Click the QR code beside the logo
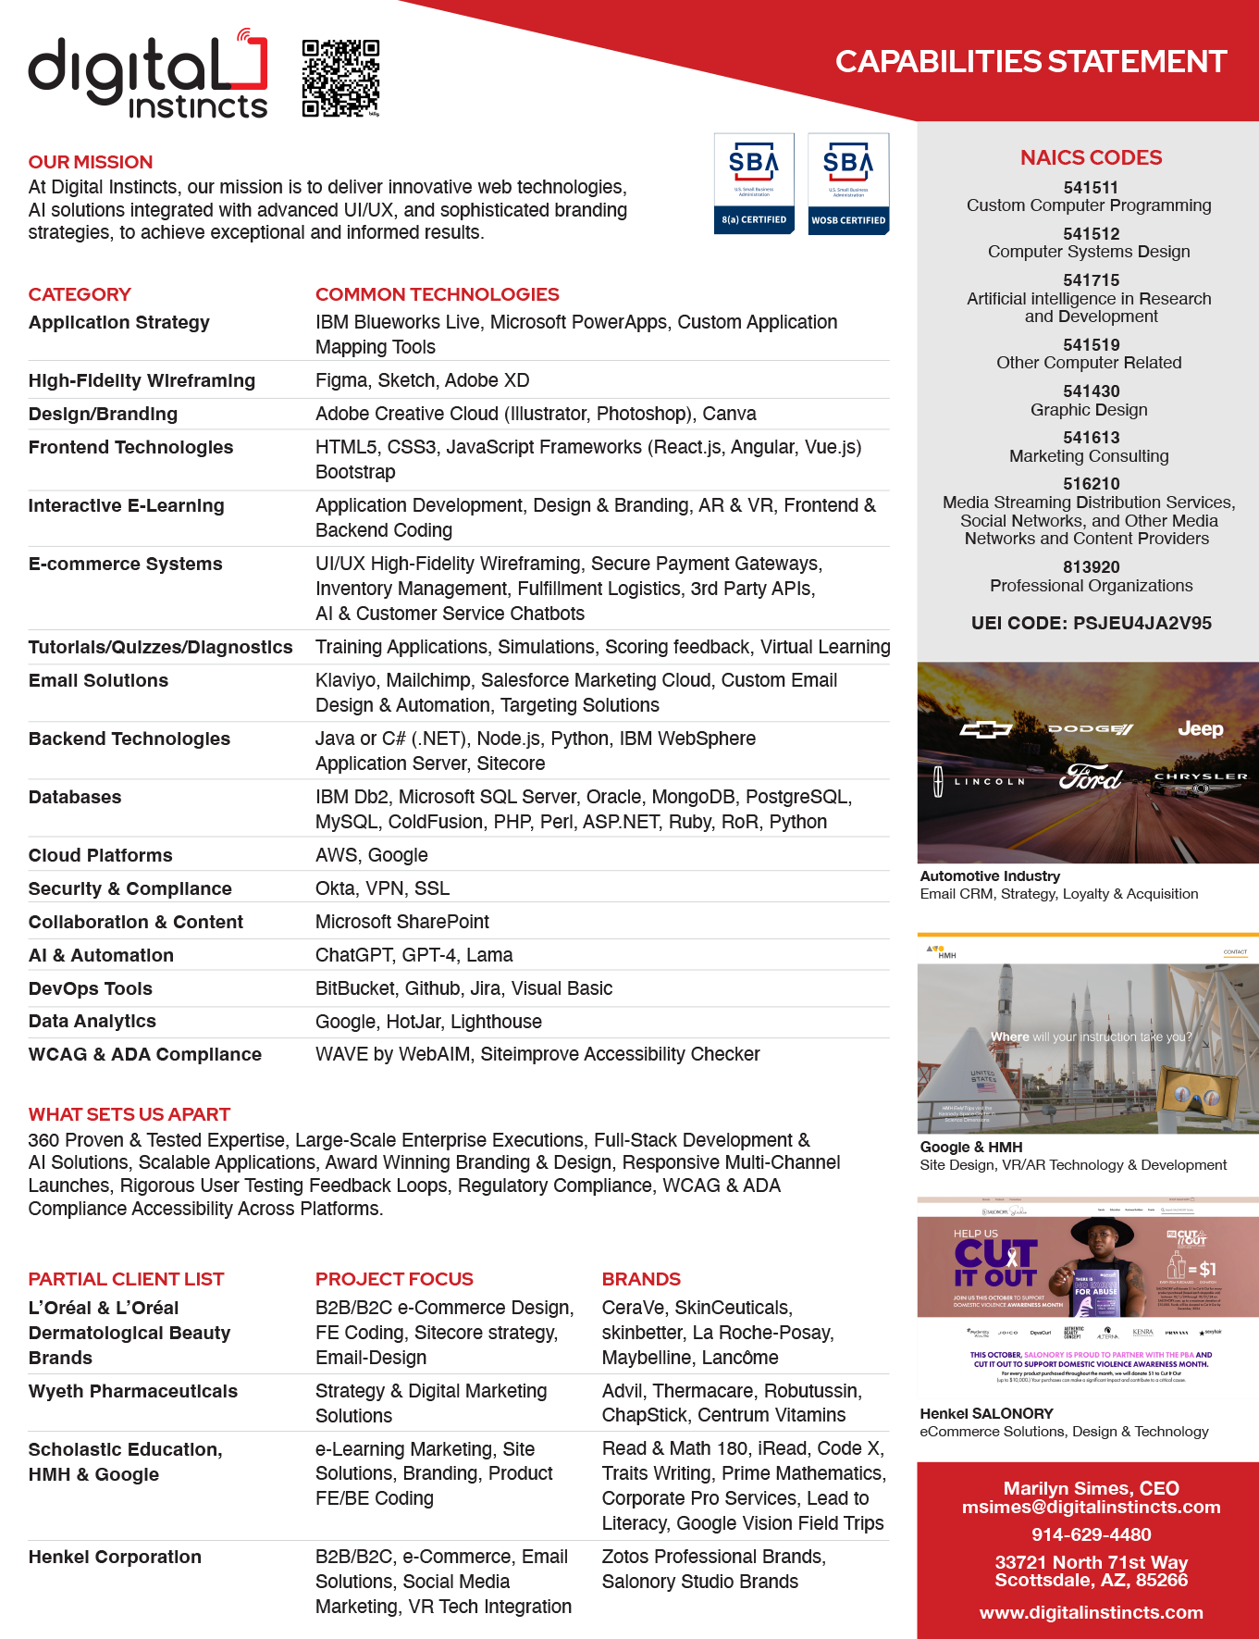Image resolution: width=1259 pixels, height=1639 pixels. [340, 78]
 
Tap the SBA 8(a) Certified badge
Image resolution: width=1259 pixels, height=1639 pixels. [754, 183]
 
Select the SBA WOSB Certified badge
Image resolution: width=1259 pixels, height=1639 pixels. [848, 183]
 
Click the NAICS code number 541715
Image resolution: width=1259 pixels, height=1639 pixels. [1091, 280]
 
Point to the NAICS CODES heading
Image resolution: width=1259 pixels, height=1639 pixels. [1091, 157]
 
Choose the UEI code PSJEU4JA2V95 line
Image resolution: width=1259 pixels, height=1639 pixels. [1091, 623]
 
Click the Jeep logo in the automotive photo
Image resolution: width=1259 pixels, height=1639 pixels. [1200, 729]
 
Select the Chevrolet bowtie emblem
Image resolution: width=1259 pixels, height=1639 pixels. [985, 729]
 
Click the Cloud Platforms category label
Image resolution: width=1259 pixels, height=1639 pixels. [100, 855]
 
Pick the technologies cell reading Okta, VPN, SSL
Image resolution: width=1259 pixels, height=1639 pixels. [382, 888]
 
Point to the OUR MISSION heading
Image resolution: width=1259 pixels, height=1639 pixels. [90, 162]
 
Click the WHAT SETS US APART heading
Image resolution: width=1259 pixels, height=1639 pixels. [129, 1114]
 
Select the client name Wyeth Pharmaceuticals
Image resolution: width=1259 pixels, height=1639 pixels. [132, 1391]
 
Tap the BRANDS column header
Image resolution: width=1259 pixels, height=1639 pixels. [641, 1279]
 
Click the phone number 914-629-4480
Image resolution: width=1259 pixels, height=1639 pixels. [1091, 1534]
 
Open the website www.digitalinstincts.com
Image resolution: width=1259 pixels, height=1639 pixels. [1091, 1612]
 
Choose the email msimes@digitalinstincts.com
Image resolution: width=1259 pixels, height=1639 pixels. [1091, 1507]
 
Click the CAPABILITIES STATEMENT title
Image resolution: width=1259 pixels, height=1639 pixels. [1031, 61]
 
